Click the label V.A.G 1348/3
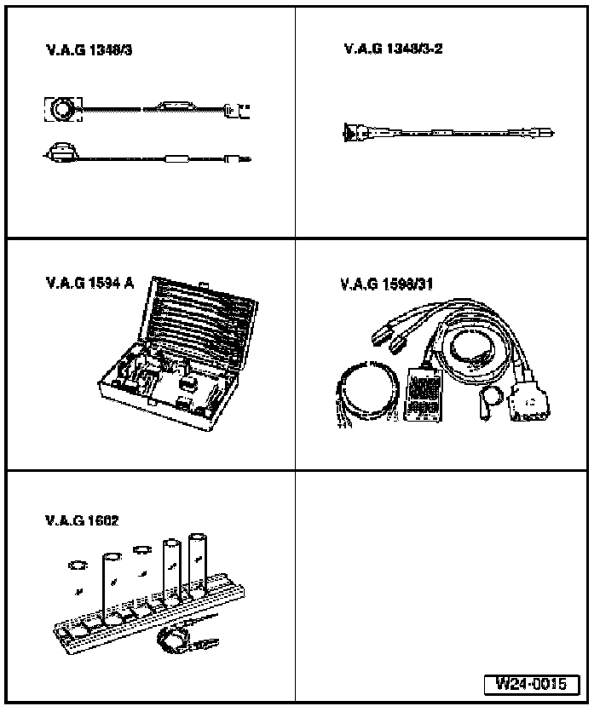coord(89,51)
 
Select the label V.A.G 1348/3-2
coord(393,49)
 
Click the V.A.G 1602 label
coord(83,520)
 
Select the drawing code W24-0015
coord(531,683)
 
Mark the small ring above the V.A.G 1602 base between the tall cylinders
coord(141,549)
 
